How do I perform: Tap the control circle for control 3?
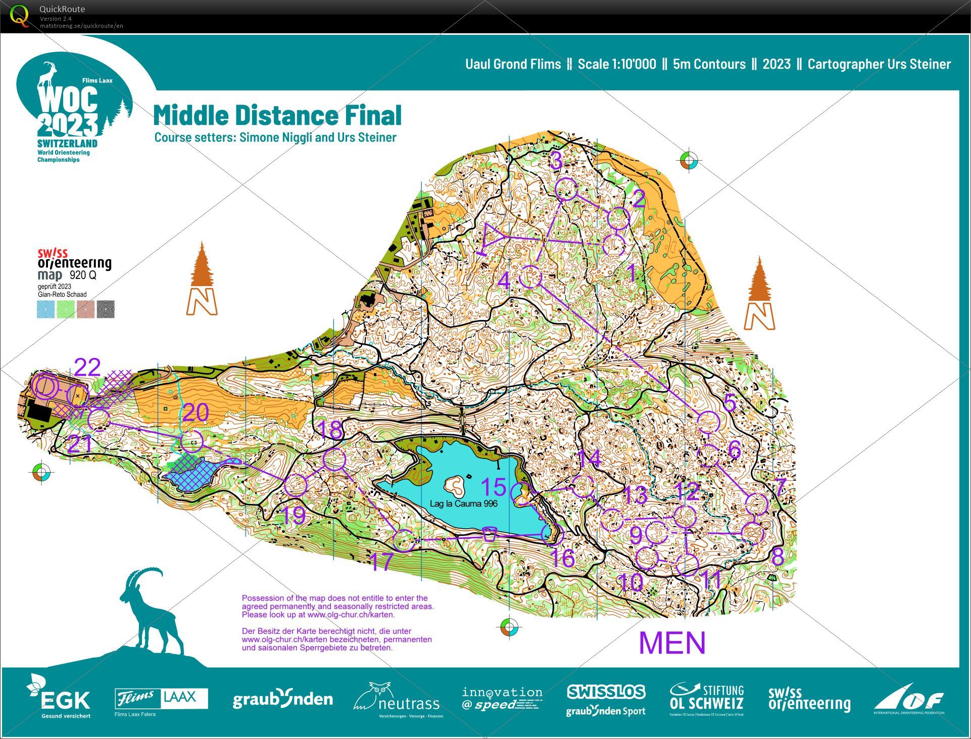point(566,189)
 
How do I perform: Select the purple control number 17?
point(381,562)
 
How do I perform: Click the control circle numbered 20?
point(192,441)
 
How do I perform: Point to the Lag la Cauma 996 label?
point(463,503)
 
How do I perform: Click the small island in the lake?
point(455,485)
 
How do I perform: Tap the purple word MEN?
point(672,642)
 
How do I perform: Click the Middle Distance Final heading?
point(277,115)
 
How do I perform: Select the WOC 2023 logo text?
point(68,111)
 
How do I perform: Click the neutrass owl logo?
point(397,700)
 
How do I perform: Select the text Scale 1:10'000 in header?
point(616,64)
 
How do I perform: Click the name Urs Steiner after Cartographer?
point(920,64)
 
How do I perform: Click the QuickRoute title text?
point(62,9)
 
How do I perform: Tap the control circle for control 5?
point(708,422)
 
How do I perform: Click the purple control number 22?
point(87,367)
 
